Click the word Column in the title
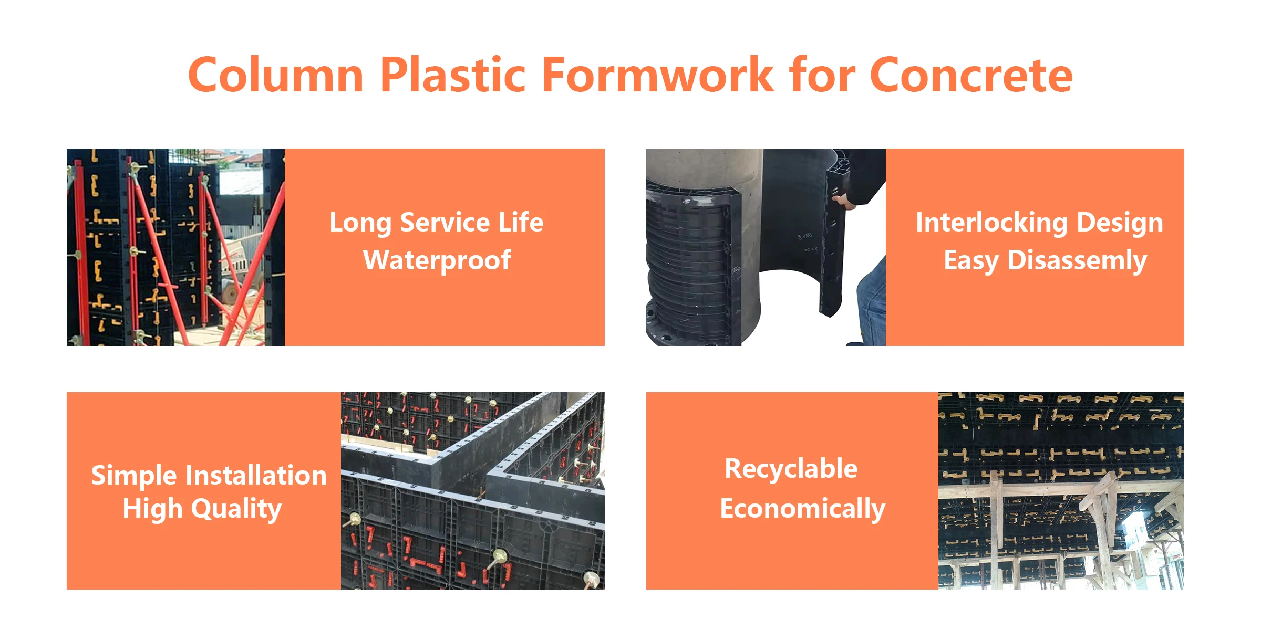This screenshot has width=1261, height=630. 276,75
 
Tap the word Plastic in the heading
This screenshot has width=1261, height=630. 452,75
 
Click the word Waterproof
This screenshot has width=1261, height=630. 437,260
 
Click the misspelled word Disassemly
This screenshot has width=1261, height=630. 1077,260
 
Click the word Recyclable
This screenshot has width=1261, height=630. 791,469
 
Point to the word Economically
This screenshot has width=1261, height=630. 802,509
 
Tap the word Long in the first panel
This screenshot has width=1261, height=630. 360,223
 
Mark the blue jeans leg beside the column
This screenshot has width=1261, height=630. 872,304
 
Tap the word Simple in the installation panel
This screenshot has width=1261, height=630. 133,476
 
